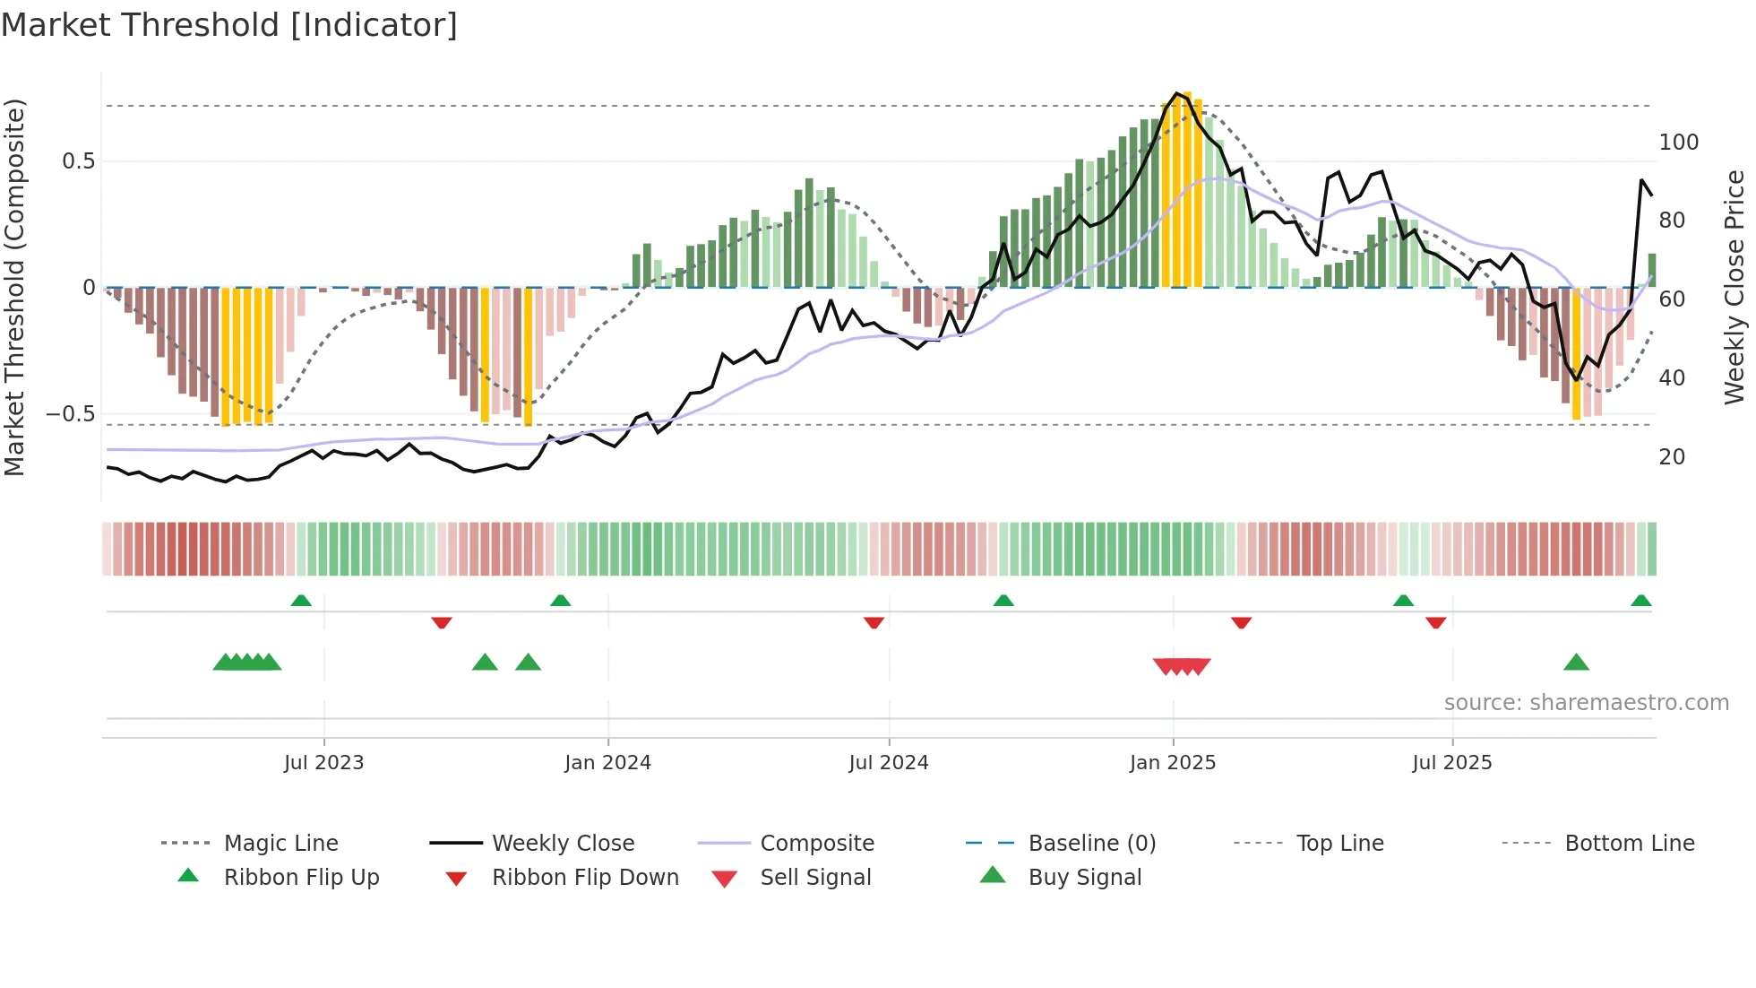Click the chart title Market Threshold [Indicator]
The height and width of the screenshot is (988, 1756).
(x=229, y=25)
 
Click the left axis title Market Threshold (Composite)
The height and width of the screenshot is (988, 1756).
(x=15, y=287)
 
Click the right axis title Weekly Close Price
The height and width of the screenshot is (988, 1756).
(x=1734, y=287)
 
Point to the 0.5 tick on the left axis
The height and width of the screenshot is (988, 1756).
(x=78, y=161)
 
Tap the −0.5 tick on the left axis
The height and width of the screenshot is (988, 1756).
(x=71, y=414)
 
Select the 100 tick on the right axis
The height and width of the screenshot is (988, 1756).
(x=1678, y=143)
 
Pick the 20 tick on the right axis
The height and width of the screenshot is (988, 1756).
(x=1672, y=457)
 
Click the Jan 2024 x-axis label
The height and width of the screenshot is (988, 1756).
(x=607, y=763)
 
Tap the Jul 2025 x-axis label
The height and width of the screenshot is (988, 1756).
(x=1451, y=763)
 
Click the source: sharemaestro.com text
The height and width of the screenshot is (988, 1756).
(x=1586, y=703)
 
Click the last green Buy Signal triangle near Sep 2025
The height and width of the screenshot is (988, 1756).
(x=1576, y=663)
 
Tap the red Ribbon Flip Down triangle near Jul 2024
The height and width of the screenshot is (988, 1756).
(x=874, y=622)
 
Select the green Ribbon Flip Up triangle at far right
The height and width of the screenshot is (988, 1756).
(x=1640, y=601)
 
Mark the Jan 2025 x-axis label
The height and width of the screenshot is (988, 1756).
(x=1172, y=763)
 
